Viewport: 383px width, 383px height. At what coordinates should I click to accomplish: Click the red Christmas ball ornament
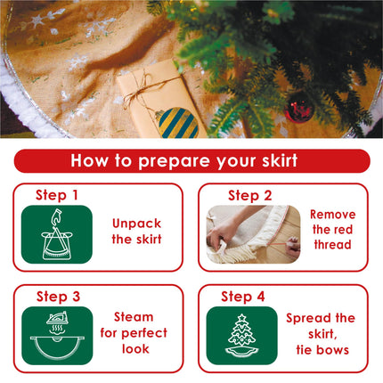298,108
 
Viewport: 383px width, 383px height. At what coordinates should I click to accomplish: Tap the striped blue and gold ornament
177,122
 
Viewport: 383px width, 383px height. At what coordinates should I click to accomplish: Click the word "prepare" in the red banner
175,162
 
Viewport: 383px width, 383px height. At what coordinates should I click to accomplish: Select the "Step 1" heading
57,195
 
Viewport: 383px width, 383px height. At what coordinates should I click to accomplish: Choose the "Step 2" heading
249,196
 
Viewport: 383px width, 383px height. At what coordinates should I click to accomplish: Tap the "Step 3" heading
58,297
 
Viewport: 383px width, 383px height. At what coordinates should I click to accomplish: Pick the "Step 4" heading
243,297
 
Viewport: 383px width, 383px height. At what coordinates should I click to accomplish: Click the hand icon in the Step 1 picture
55,217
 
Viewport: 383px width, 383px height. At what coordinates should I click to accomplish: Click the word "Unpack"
137,224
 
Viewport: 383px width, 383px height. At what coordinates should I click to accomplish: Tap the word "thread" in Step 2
332,245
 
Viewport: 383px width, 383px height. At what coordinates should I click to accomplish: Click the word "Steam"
134,317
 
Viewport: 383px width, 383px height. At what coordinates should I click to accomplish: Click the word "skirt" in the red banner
280,160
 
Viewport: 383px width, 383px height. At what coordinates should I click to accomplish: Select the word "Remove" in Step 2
333,215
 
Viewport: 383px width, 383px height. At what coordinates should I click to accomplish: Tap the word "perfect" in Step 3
144,333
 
